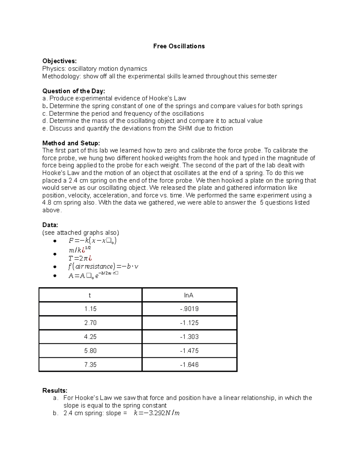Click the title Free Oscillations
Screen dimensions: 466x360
pyautogui.click(x=179, y=46)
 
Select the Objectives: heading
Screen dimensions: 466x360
pyautogui.click(x=59, y=61)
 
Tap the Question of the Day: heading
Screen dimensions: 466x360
pyautogui.click(x=74, y=91)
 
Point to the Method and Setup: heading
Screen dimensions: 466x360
pyautogui.click(x=71, y=143)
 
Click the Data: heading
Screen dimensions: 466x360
pyautogui.click(x=50, y=225)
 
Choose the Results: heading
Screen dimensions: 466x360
pyautogui.click(x=55, y=390)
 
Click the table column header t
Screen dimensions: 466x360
pyautogui.click(x=90, y=295)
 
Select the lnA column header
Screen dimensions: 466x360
pyautogui.click(x=189, y=295)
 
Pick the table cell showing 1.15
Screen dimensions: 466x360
pyautogui.click(x=90, y=309)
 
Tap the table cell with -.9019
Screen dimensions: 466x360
pyautogui.click(x=189, y=309)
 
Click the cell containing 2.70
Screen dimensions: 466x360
pyautogui.click(x=90, y=323)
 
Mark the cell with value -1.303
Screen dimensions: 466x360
pyautogui.click(x=189, y=337)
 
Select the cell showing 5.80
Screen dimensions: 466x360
pyautogui.click(x=90, y=351)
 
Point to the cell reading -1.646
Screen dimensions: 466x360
pyautogui.click(x=189, y=365)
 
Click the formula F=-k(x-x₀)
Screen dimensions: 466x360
pyautogui.click(x=92, y=241)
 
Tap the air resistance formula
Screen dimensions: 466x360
pyautogui.click(x=103, y=266)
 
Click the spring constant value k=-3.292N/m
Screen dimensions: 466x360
pyautogui.click(x=156, y=413)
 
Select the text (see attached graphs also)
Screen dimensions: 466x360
pyautogui.click(x=80, y=233)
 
